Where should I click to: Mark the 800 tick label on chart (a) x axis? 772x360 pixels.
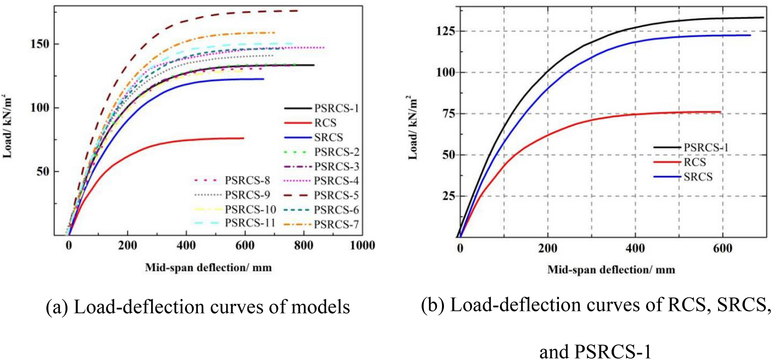point(303,246)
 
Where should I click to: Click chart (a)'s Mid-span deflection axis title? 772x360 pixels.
point(208,267)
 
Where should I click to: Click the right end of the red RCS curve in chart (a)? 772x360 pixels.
point(244,138)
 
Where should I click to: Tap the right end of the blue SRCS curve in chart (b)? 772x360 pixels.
point(750,35)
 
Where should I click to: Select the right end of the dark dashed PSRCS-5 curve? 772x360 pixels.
point(298,10)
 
